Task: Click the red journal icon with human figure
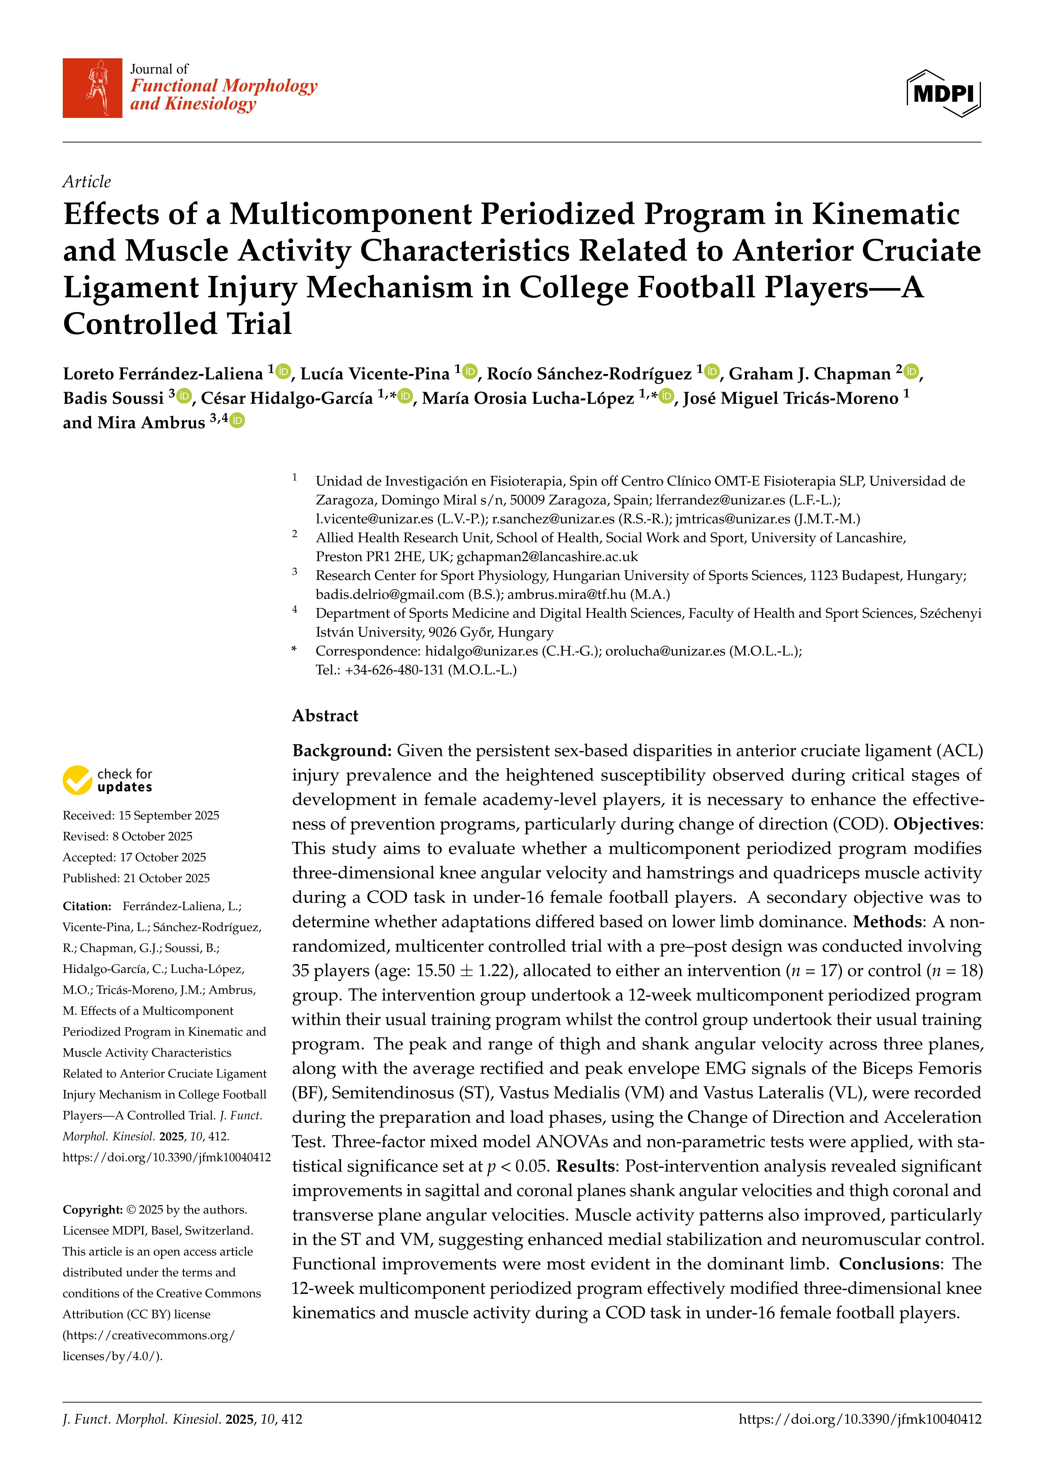[92, 88]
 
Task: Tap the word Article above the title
[86, 182]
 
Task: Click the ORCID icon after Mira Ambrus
[237, 421]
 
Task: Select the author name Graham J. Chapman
[809, 374]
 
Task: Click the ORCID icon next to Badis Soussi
[185, 397]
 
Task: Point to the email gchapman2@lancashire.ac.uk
[547, 556]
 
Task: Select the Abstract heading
[325, 716]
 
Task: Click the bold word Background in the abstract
[342, 751]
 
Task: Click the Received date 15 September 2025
[169, 816]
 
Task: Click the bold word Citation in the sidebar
[87, 906]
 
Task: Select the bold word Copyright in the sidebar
[92, 1210]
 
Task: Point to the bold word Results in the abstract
[586, 1166]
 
